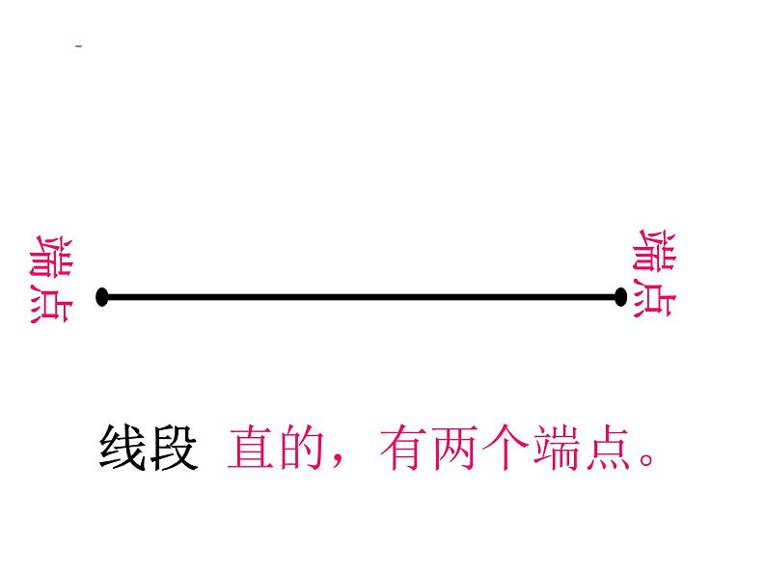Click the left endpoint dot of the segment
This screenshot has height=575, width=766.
pos(102,297)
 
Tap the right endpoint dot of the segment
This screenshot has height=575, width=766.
pos(620,297)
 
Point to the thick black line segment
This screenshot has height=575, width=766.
pos(362,297)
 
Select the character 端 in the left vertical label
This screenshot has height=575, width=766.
pos(49,256)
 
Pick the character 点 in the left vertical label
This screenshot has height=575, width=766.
pos(49,303)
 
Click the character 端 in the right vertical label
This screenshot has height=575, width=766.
pos(655,253)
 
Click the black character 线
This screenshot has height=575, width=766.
pos(123,448)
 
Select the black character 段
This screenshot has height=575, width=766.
pos(174,448)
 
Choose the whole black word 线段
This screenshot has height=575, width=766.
pos(148,448)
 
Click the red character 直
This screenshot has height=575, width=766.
pos(251,448)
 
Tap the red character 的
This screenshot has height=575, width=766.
pos(302,448)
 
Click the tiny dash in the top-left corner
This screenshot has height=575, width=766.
pos(78,46)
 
